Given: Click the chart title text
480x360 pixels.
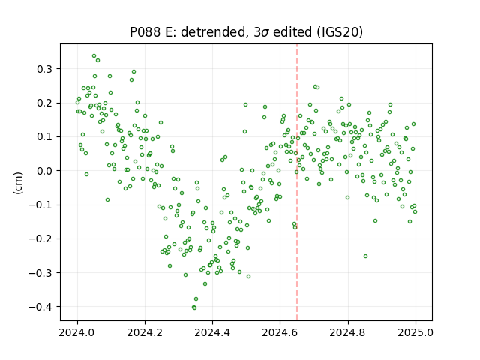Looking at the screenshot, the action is click(247, 32).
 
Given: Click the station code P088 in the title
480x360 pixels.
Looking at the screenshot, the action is click(145, 32).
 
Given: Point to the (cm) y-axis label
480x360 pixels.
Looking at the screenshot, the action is click(18, 183).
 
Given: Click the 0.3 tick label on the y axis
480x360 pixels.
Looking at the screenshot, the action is click(44, 69).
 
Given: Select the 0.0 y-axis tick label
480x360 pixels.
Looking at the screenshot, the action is click(44, 171).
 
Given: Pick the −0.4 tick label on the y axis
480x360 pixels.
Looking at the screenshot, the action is click(40, 307).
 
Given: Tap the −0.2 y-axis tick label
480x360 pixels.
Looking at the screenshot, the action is click(40, 238).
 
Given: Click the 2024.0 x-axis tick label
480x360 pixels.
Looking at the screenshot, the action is click(77, 332).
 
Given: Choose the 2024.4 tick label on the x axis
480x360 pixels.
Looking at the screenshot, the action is click(212, 332).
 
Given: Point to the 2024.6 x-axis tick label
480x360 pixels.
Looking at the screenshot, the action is click(280, 332).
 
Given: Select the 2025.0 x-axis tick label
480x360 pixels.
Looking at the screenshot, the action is click(415, 332).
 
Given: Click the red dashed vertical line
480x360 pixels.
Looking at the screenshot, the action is click(297, 182).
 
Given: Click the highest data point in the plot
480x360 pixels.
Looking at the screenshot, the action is click(94, 56).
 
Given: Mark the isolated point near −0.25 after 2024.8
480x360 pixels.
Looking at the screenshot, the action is click(365, 256).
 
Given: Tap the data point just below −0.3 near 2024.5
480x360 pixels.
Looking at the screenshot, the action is click(248, 277).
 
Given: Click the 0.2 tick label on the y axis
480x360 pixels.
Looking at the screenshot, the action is click(44, 103).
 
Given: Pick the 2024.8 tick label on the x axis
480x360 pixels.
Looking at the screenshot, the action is click(348, 332).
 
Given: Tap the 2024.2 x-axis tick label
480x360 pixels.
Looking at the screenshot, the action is click(145, 332).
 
